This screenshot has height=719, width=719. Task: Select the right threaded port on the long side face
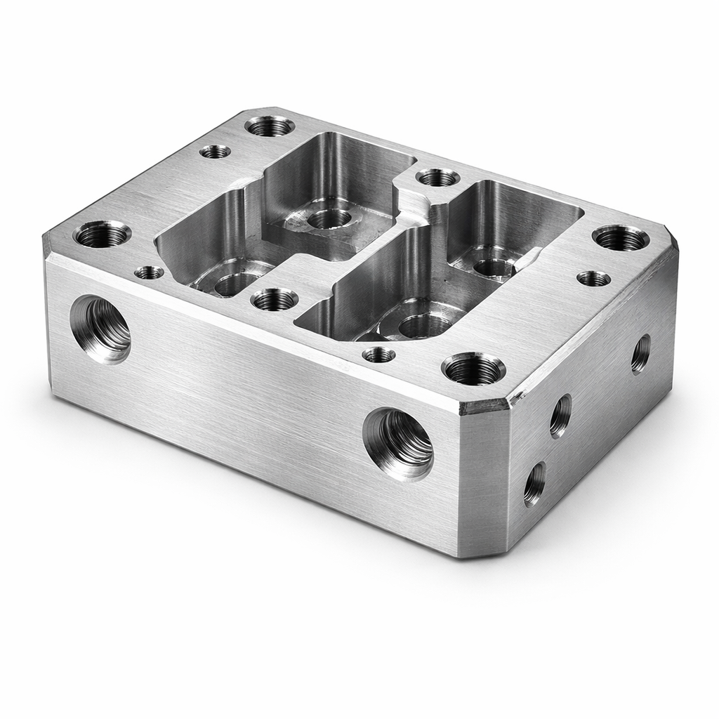pyautogui.click(x=398, y=443)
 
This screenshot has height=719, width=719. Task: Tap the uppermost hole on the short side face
pyautogui.click(x=640, y=354)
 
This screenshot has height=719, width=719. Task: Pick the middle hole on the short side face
pyautogui.click(x=560, y=416)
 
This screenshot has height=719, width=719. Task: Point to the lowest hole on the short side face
pyautogui.click(x=534, y=484)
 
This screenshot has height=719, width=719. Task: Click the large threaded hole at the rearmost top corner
pyautogui.click(x=270, y=126)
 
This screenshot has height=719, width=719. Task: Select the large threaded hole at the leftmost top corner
pyautogui.click(x=103, y=234)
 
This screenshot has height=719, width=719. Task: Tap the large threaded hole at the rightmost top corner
pyautogui.click(x=620, y=238)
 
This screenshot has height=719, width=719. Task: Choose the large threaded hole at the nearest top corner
pyautogui.click(x=473, y=369)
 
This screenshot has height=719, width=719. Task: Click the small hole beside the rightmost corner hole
pyautogui.click(x=593, y=279)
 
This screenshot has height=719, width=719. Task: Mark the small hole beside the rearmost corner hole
pyautogui.click(x=215, y=151)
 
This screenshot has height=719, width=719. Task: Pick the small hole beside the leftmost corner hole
pyautogui.click(x=149, y=272)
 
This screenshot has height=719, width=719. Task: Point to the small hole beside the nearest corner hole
pyautogui.click(x=378, y=355)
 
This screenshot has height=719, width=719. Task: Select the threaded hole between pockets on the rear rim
pyautogui.click(x=437, y=177)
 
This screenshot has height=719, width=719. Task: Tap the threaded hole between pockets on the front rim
pyautogui.click(x=275, y=300)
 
